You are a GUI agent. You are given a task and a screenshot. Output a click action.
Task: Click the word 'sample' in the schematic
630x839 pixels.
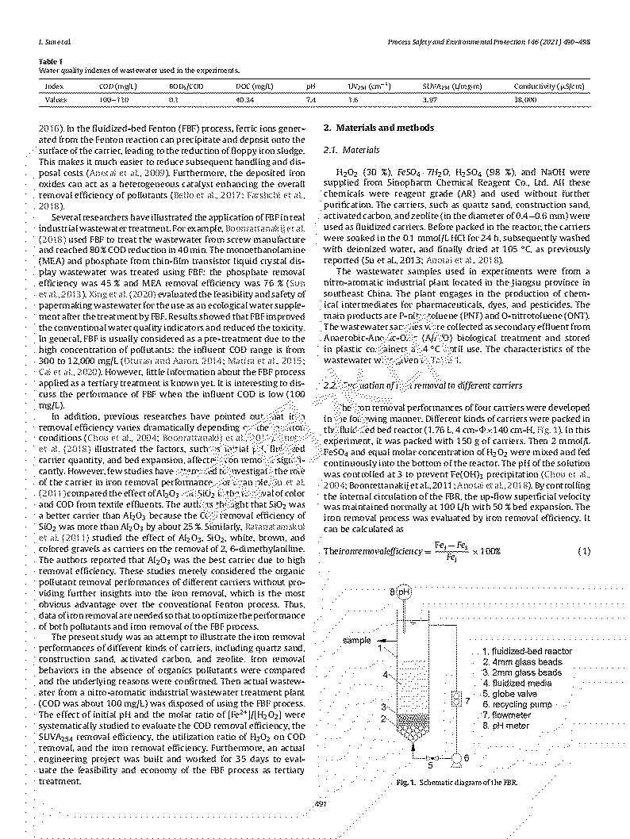[x=357, y=639]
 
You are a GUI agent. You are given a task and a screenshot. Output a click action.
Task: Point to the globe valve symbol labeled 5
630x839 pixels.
[x=431, y=758]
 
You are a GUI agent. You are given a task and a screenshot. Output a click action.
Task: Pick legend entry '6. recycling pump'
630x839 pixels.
[x=517, y=703]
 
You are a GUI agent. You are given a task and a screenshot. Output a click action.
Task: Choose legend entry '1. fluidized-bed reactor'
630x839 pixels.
[x=527, y=651]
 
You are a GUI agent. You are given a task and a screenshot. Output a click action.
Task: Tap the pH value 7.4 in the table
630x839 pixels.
[x=311, y=100]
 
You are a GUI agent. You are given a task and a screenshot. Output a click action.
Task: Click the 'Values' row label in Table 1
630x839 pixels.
[x=56, y=100]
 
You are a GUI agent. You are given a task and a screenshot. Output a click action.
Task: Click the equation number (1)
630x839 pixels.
[x=583, y=550]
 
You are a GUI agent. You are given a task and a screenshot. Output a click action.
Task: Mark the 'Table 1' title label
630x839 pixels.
[x=51, y=60]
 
